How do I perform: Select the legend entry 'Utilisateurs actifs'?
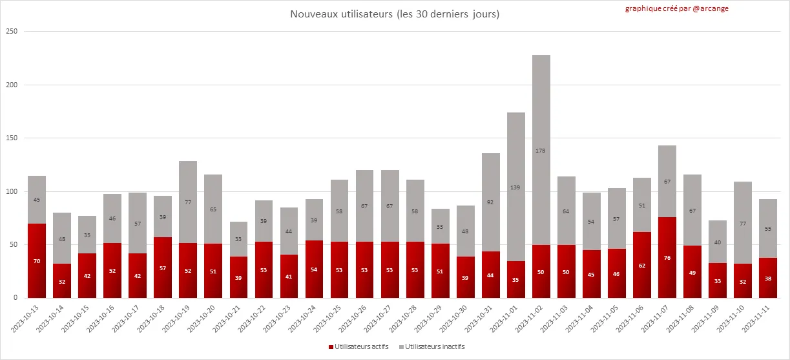[x=362, y=347]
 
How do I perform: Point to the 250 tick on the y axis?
[x=12, y=31]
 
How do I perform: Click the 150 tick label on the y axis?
[x=12, y=138]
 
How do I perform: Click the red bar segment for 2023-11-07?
[x=667, y=257]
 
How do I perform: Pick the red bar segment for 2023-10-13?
[x=37, y=260]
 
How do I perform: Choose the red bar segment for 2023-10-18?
[x=163, y=268]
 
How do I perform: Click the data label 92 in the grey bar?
[x=491, y=202]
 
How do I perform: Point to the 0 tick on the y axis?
[x=16, y=298]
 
